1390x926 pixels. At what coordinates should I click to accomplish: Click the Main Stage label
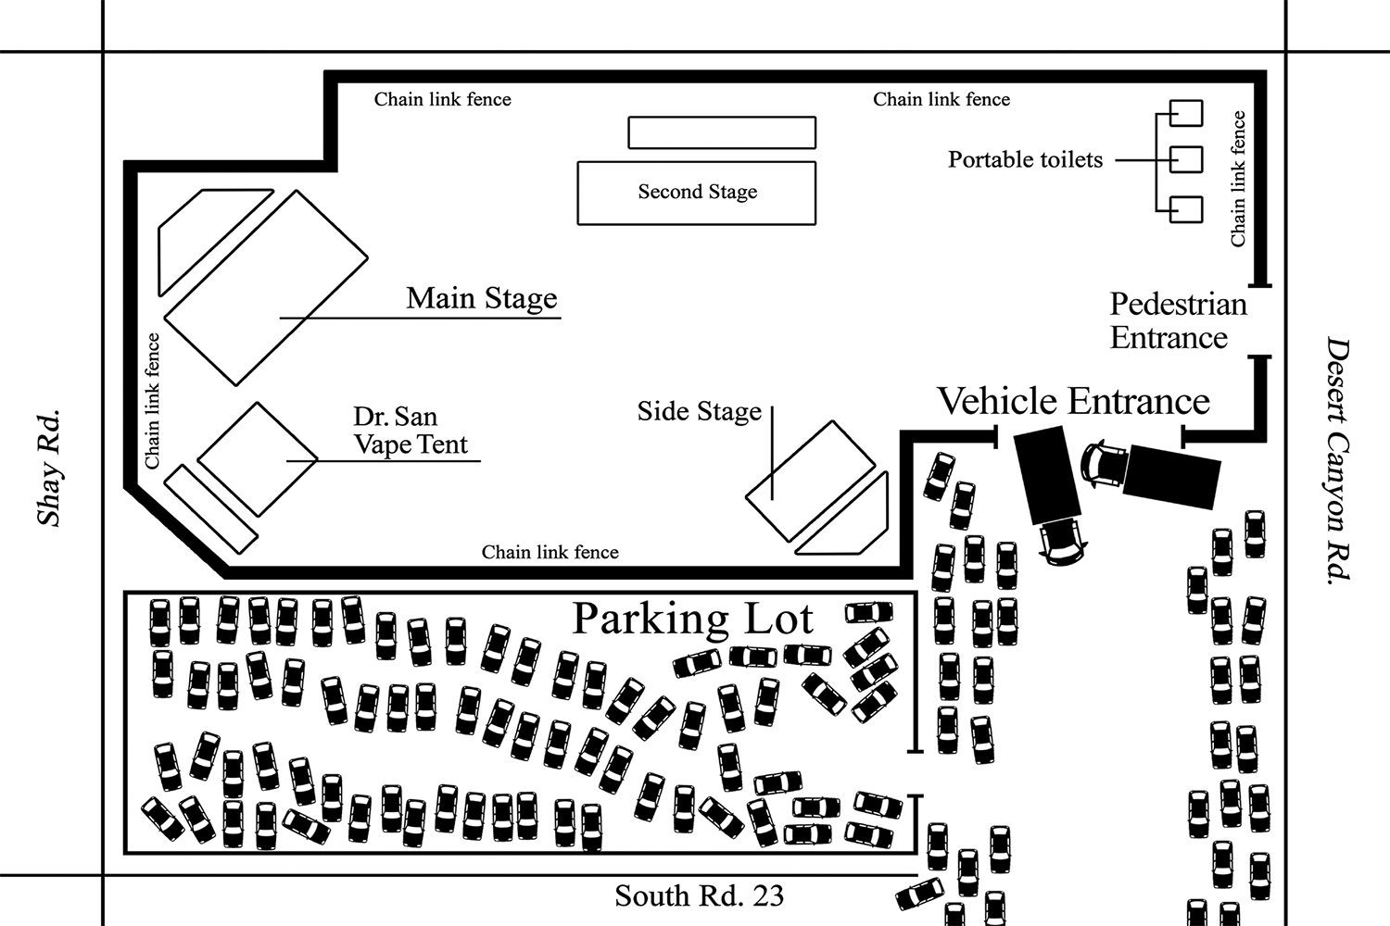pyautogui.click(x=482, y=298)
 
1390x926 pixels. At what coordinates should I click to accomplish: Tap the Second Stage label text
pyautogui.click(x=697, y=192)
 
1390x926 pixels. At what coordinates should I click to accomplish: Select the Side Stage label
pyautogui.click(x=699, y=411)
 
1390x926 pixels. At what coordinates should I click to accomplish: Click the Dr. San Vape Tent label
pyautogui.click(x=410, y=431)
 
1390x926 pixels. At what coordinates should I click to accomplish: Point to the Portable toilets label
pyautogui.click(x=1025, y=159)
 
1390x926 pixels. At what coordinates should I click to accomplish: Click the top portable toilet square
pyautogui.click(x=1186, y=113)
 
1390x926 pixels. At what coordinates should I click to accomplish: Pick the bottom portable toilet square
pyautogui.click(x=1186, y=209)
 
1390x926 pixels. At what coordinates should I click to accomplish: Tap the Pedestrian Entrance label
pyautogui.click(x=1177, y=320)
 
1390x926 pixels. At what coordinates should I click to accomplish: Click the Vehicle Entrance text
pyautogui.click(x=1073, y=401)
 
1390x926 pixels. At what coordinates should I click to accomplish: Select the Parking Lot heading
pyautogui.click(x=693, y=619)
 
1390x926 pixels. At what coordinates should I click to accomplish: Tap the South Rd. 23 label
pyautogui.click(x=699, y=895)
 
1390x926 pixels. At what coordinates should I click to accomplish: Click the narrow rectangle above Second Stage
pyautogui.click(x=722, y=132)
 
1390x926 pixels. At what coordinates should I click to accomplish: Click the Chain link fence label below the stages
pyautogui.click(x=550, y=552)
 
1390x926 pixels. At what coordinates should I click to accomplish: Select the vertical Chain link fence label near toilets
pyautogui.click(x=1238, y=179)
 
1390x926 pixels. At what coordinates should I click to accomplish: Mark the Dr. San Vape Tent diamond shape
pyautogui.click(x=257, y=459)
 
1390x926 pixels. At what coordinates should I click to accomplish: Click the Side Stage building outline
pyautogui.click(x=810, y=482)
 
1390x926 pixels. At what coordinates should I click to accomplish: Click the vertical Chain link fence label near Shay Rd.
pyautogui.click(x=153, y=400)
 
